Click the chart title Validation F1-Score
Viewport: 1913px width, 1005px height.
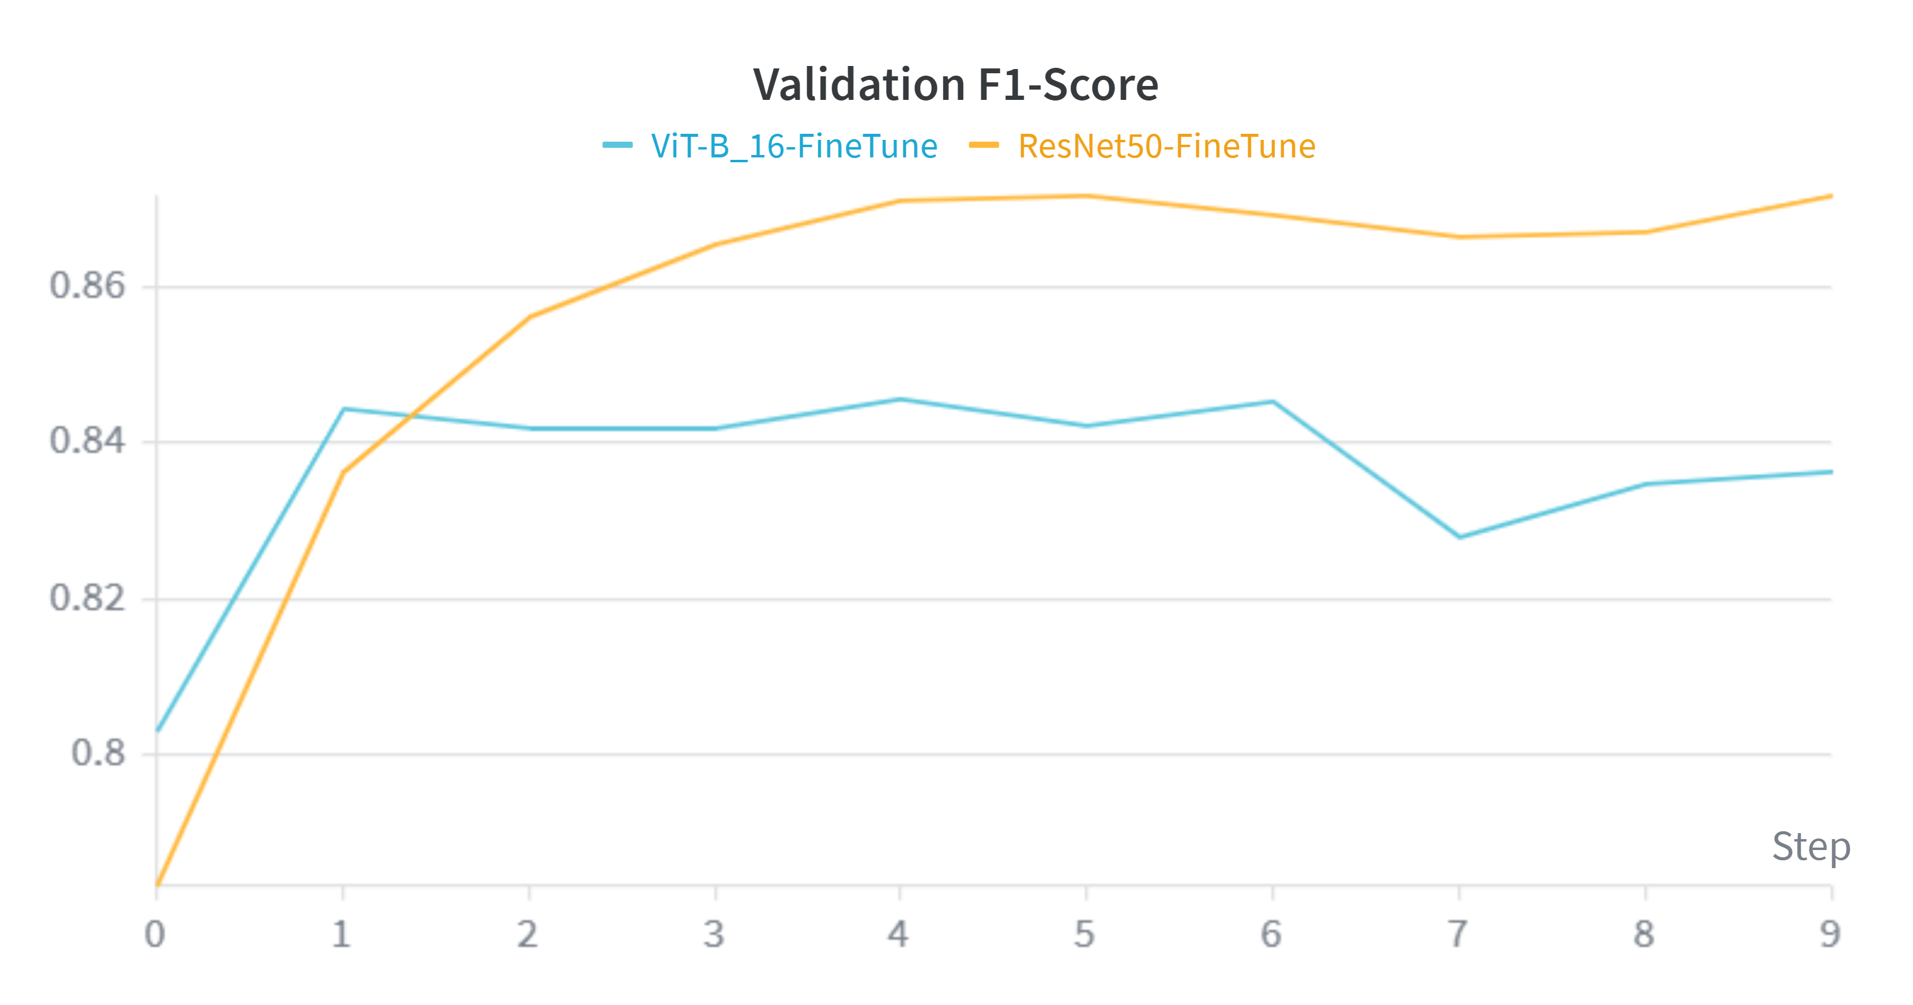(x=955, y=84)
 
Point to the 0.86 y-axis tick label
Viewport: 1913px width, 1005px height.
(x=87, y=285)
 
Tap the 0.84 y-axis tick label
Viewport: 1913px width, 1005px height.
(x=87, y=441)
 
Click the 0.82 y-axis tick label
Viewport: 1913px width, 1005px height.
(x=87, y=598)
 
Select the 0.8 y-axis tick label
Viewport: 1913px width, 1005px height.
(x=98, y=753)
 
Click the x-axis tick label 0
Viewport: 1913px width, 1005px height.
(x=154, y=934)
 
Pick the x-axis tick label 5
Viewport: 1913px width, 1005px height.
(x=1085, y=934)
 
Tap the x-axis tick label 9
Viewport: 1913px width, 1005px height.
(x=1830, y=934)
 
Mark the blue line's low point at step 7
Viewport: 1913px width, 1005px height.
(x=1459, y=536)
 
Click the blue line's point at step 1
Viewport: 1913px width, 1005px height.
(x=343, y=409)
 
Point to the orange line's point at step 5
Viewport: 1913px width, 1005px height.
(x=1085, y=196)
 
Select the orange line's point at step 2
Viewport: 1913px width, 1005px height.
(x=530, y=317)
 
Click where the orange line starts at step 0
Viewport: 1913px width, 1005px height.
(x=157, y=884)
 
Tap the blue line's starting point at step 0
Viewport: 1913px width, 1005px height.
(x=157, y=730)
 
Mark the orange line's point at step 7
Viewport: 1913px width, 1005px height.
(x=1459, y=237)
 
